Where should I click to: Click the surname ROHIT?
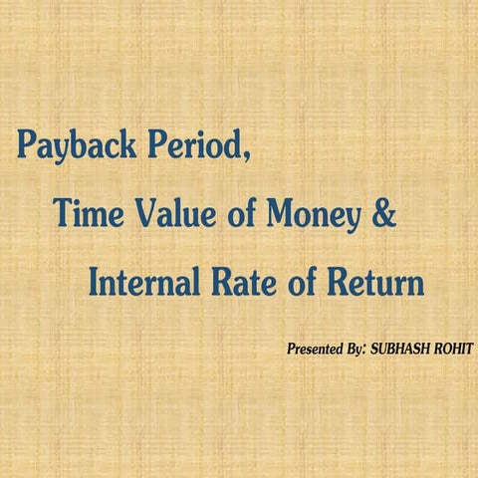453,350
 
